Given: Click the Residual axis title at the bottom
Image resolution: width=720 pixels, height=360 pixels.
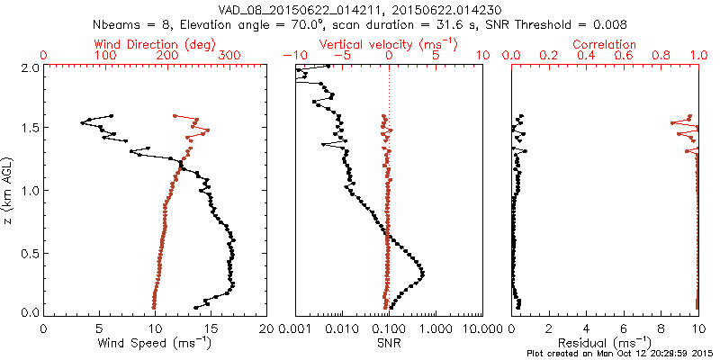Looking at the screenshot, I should coord(605,343).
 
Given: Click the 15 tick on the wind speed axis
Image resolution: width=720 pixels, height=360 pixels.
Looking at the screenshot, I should coord(211,329).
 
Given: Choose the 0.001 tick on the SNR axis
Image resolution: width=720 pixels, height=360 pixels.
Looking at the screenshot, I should coord(295,329).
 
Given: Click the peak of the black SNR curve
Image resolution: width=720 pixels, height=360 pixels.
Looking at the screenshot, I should coord(422,273).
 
